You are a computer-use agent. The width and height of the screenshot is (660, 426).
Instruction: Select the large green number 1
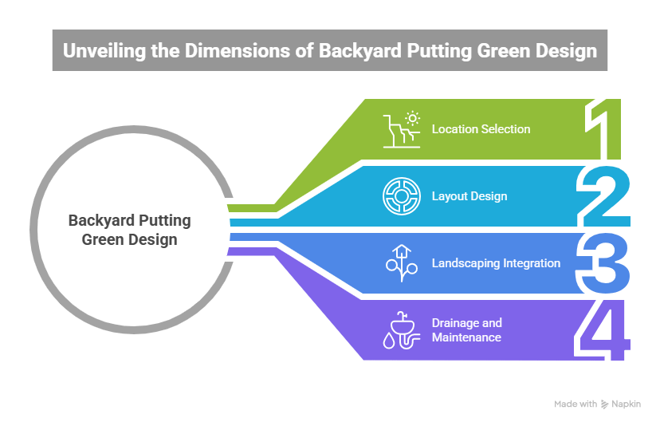pyautogui.click(x=605, y=129)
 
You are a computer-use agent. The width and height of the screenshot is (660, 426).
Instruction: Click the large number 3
pyautogui.click(x=605, y=262)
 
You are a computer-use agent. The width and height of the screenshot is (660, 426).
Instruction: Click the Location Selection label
pyautogui.click(x=481, y=129)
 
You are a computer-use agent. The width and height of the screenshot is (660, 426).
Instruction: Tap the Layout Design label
pyautogui.click(x=469, y=195)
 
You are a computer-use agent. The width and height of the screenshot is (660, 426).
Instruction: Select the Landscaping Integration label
pyautogui.click(x=496, y=262)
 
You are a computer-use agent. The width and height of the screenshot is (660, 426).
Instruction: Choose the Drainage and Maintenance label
pyautogui.click(x=467, y=330)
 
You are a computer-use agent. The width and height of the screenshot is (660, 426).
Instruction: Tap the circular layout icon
pyautogui.click(x=401, y=195)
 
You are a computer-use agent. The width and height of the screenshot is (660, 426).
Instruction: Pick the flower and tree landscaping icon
pyautogui.click(x=401, y=262)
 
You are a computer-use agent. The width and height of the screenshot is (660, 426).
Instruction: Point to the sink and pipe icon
pyautogui.click(x=401, y=330)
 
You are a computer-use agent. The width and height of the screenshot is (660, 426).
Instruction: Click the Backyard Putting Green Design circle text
pyautogui.click(x=129, y=230)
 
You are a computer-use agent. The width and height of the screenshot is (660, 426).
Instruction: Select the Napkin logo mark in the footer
pyautogui.click(x=604, y=404)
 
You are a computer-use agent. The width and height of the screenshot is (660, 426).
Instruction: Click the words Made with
pyautogui.click(x=575, y=404)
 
